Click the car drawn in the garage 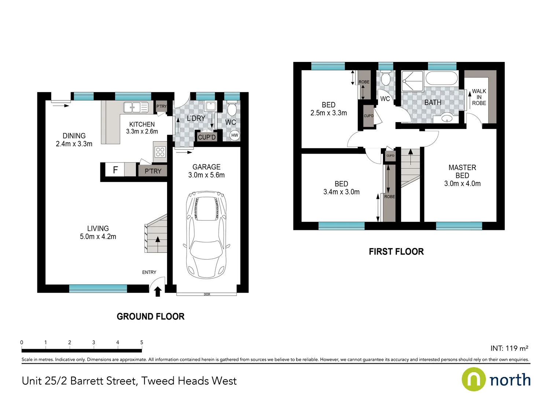[206, 235]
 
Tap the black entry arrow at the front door [158, 291]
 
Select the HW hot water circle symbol [235, 135]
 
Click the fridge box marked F [115, 170]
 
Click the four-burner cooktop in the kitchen [160, 152]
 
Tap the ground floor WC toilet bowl [232, 109]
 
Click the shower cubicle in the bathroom [412, 81]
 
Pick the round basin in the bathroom [446, 118]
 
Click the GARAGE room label [206, 167]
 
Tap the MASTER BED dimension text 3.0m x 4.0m [462, 184]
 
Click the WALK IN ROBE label [479, 97]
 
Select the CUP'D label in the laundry [207, 137]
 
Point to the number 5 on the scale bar [141, 342]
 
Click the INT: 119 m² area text [509, 348]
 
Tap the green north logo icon [473, 379]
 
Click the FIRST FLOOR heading [396, 252]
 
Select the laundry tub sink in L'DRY [210, 106]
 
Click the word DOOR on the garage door [207, 294]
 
